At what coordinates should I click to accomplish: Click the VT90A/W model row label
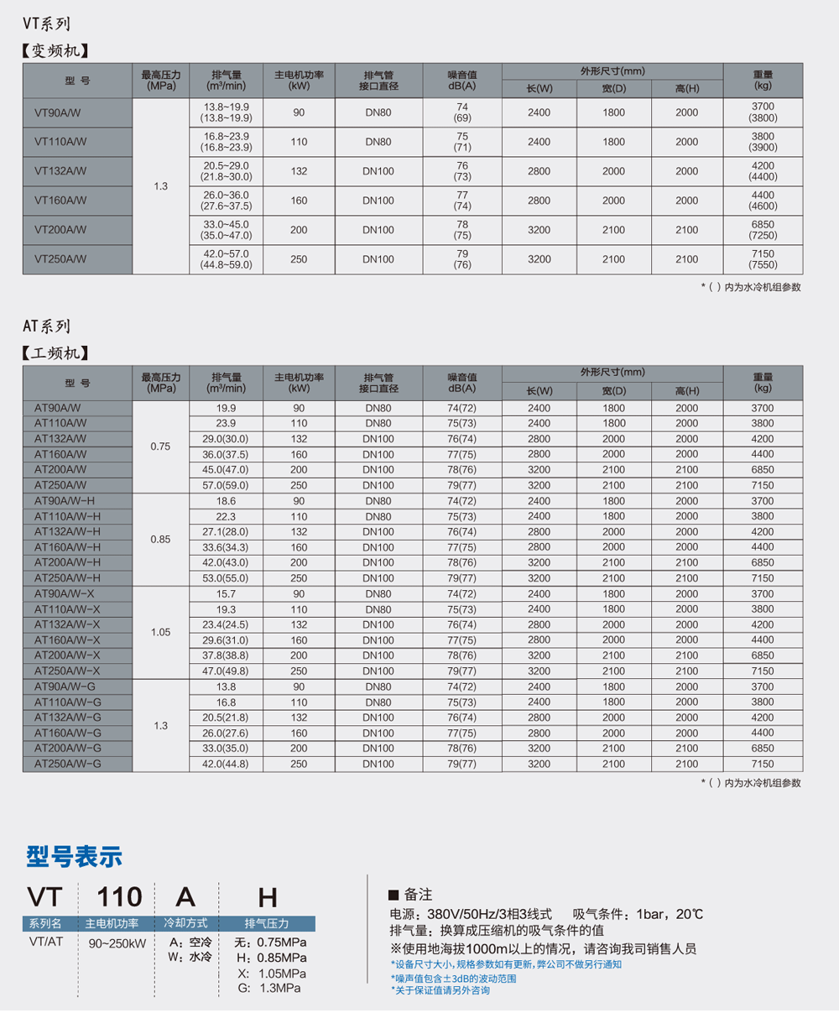coord(58,112)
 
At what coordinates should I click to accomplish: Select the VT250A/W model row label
coord(60,259)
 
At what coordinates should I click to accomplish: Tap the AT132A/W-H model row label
coord(67,532)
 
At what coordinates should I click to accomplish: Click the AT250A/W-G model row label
coord(67,764)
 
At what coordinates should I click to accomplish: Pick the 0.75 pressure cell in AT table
coord(160,446)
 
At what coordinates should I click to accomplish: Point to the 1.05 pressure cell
coord(160,633)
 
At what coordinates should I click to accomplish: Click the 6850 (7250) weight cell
coord(763,230)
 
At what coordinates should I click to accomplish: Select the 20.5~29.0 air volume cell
coord(227,171)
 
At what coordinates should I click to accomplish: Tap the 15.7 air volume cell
coord(226,594)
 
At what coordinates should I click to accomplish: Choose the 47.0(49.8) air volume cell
coord(226,671)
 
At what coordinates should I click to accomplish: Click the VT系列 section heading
coord(46,23)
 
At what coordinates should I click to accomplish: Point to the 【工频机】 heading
coord(55,353)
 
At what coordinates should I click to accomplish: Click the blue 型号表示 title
coord(75,857)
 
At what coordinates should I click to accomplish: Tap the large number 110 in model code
coord(119,897)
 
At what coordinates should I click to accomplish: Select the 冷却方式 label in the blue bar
coord(186,923)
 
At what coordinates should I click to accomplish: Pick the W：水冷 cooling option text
coord(190,958)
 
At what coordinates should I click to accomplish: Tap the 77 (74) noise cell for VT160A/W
coord(461,201)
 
